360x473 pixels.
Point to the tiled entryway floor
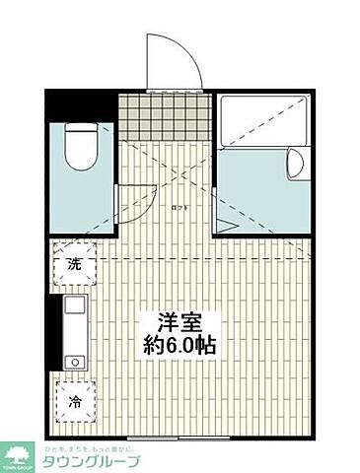[x=164, y=116]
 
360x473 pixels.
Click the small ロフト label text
[x=179, y=207]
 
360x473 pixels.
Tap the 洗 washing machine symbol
[x=74, y=263]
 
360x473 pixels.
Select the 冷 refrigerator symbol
[x=75, y=402]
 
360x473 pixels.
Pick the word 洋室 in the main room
[x=179, y=323]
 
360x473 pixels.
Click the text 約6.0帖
[x=179, y=346]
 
